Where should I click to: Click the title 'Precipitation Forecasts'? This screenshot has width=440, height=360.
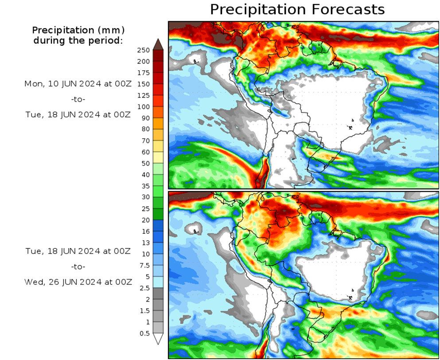(297, 9)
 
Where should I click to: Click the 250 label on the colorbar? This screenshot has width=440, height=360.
(144, 50)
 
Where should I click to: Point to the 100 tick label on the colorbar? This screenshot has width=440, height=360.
(144, 107)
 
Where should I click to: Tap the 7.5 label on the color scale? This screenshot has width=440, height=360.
(144, 265)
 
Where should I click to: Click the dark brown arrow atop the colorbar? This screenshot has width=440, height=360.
(158, 44)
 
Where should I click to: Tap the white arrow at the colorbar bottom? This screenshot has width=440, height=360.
(158, 339)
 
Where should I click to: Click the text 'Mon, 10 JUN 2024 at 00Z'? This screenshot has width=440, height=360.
(78, 83)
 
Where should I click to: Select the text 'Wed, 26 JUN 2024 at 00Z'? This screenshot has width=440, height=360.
(78, 282)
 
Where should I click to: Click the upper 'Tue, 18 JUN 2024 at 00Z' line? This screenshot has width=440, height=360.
(78, 114)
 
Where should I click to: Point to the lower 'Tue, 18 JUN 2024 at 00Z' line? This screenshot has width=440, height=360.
(78, 251)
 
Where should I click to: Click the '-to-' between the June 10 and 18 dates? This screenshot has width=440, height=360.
(78, 99)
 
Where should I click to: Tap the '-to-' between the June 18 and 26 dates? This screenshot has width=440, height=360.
(78, 267)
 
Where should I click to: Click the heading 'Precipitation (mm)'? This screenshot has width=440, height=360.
(78, 31)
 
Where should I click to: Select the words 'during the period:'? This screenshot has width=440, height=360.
(78, 41)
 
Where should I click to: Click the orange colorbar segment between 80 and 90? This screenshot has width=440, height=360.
(158, 124)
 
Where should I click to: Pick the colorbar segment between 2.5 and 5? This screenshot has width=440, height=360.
(158, 282)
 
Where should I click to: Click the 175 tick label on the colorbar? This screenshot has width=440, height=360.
(144, 73)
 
